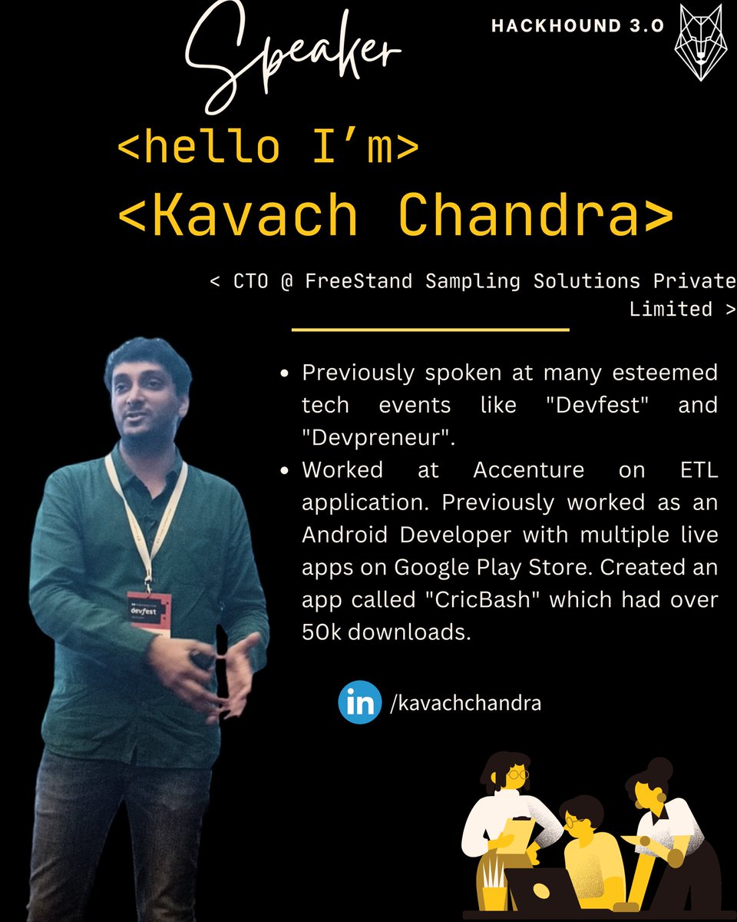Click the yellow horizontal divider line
click(x=430, y=330)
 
